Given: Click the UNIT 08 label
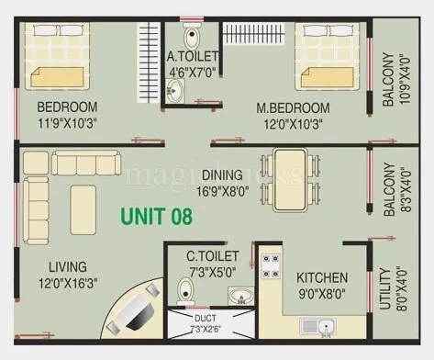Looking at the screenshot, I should pos(156,218).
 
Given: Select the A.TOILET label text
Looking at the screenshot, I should pos(192,54).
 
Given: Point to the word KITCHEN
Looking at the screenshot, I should pos(321,276).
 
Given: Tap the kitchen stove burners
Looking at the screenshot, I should pos(271,266).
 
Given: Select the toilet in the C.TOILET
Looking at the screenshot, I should pos(186,290).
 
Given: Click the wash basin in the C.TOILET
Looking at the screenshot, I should pos(239,297).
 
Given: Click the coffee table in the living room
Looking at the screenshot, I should pos(83,197).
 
